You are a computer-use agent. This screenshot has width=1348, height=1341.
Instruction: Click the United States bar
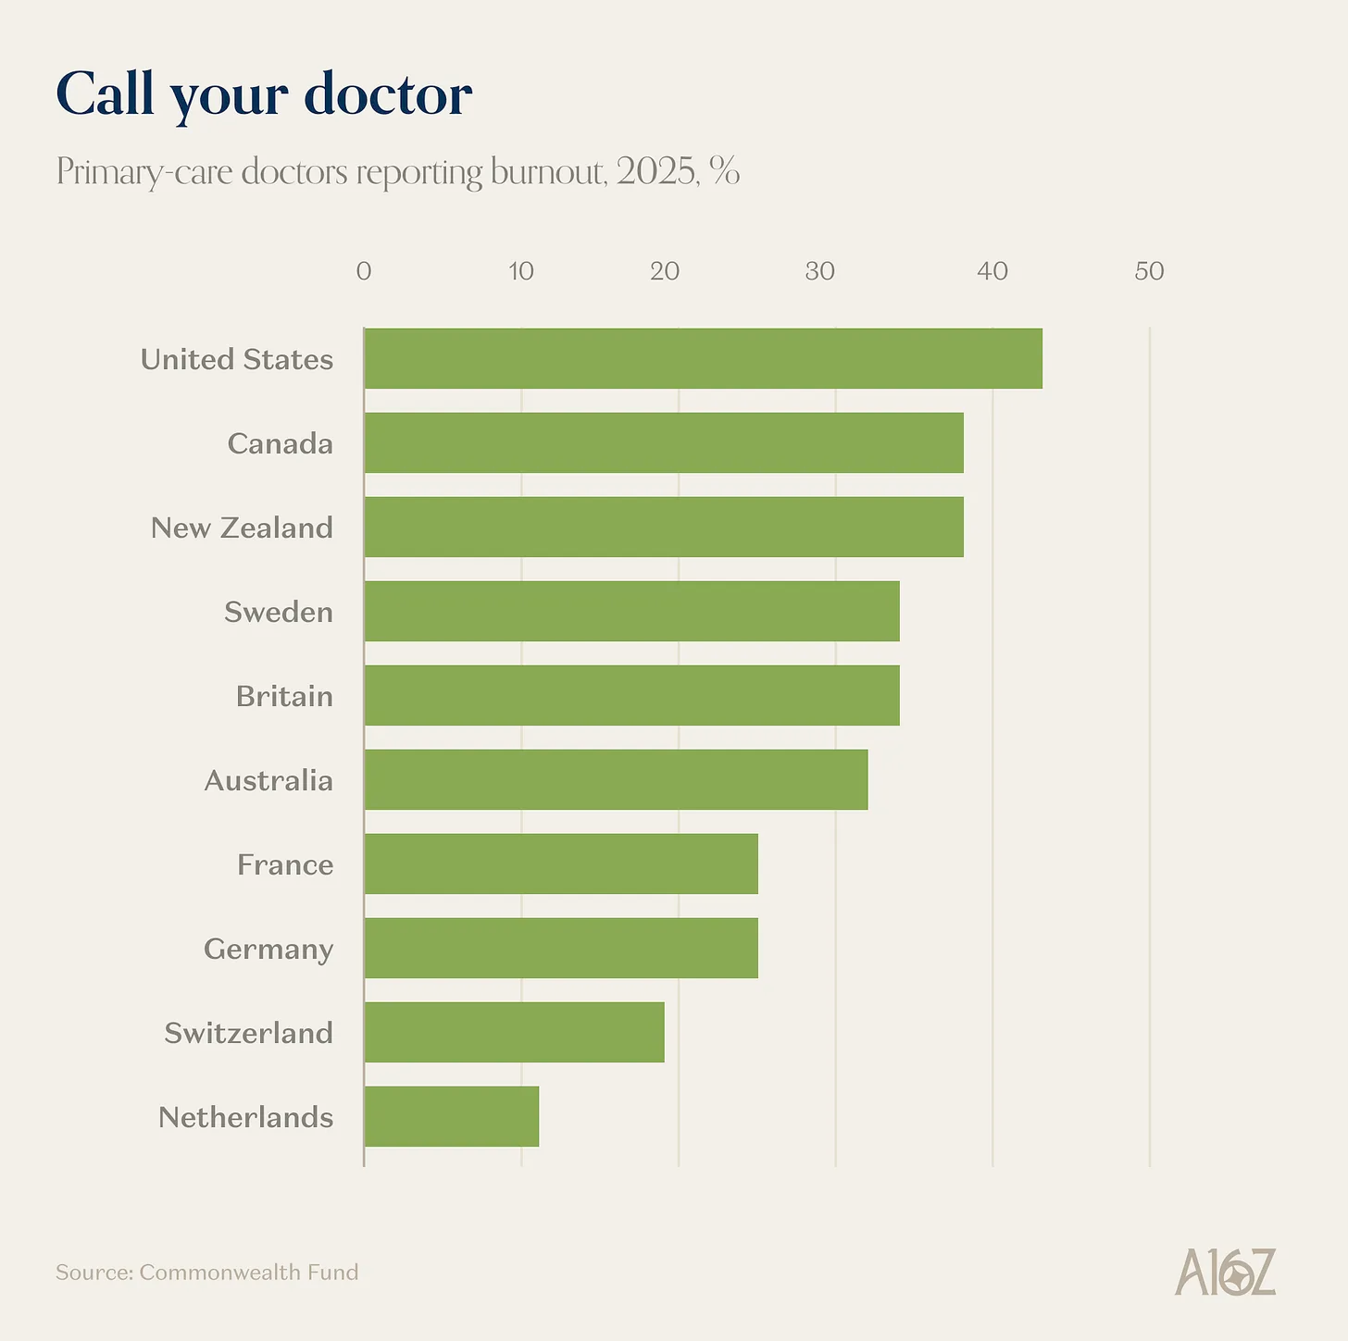click(703, 358)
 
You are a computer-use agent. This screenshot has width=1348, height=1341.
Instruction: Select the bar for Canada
click(664, 442)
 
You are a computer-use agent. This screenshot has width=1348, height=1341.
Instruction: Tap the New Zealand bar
click(664, 527)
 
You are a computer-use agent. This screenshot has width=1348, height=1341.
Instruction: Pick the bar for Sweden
click(631, 611)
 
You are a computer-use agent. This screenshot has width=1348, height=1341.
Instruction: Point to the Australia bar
click(616, 779)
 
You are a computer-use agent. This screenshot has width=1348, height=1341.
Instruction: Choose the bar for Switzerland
click(514, 1032)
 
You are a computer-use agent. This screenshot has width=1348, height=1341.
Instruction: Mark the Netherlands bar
click(451, 1116)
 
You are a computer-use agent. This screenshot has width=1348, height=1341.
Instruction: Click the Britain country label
click(284, 696)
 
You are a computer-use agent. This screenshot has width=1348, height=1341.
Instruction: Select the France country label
click(285, 864)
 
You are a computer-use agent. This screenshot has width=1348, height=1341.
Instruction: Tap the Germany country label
click(268, 950)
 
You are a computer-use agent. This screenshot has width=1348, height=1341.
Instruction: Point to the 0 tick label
click(364, 271)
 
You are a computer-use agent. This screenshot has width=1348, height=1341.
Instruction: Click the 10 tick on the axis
click(521, 271)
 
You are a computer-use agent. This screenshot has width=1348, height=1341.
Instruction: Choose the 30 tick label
click(819, 271)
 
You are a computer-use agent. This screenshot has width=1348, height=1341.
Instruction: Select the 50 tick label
click(1149, 271)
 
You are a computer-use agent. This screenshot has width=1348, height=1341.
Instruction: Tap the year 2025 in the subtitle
click(657, 171)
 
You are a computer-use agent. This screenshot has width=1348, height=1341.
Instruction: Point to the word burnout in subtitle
click(548, 171)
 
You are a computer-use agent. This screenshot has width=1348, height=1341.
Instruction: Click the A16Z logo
click(1225, 1272)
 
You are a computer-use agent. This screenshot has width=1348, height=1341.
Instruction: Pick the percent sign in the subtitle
click(725, 171)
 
